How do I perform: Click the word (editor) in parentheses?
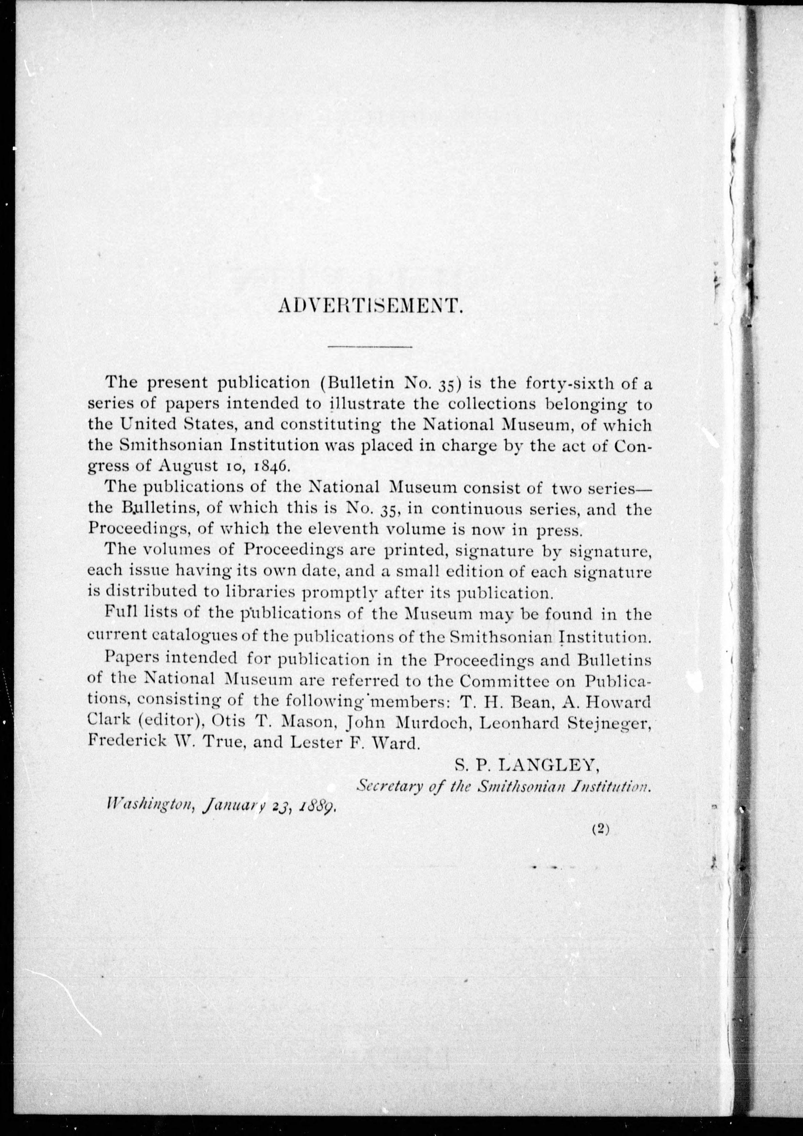pyautogui.click(x=172, y=723)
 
